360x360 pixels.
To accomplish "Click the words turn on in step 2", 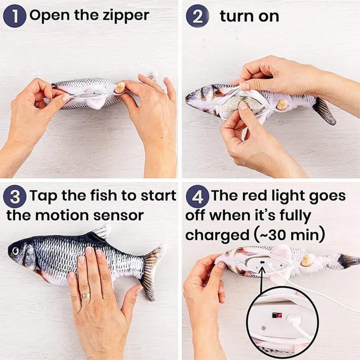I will [x=249, y=16].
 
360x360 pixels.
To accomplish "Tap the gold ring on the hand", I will [x=85, y=295].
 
